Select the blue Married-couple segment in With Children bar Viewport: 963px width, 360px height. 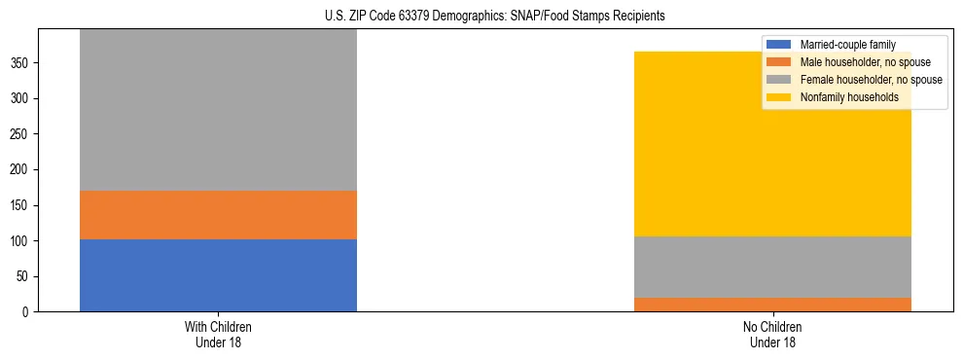(218, 275)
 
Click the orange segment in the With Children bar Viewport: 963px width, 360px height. (218, 214)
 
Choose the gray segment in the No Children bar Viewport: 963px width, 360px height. (772, 267)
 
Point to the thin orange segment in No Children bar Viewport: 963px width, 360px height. (772, 305)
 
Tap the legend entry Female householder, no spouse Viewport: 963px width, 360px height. (870, 80)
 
